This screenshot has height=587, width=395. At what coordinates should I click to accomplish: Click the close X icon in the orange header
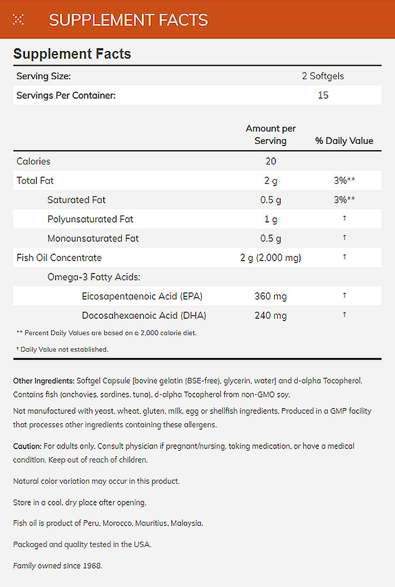[18, 19]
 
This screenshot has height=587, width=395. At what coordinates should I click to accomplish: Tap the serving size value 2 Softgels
[323, 76]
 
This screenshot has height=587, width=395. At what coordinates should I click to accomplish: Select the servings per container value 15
[323, 95]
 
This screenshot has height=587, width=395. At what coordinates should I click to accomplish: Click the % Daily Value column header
[344, 140]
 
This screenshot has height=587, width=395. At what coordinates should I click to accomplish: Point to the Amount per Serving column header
[270, 134]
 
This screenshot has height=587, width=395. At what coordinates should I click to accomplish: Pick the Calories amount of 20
[270, 161]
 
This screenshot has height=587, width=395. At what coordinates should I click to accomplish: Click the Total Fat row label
[35, 181]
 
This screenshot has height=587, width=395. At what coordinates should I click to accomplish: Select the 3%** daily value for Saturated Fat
[344, 200]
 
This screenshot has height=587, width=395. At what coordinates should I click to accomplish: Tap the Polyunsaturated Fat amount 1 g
[270, 220]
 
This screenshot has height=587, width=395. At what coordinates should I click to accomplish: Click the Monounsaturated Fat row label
[93, 239]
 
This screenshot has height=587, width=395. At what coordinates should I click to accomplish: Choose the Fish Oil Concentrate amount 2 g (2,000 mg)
[270, 258]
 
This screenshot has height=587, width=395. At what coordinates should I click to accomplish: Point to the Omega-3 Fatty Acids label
[94, 277]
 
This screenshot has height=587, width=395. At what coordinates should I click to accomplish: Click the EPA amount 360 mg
[270, 296]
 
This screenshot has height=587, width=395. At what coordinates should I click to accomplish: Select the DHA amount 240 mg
[270, 316]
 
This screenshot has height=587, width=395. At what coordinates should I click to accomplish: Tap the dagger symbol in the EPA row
[344, 296]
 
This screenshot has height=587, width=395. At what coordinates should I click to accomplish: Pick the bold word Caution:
[27, 447]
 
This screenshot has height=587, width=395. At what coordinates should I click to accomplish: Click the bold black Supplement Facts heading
[72, 54]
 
